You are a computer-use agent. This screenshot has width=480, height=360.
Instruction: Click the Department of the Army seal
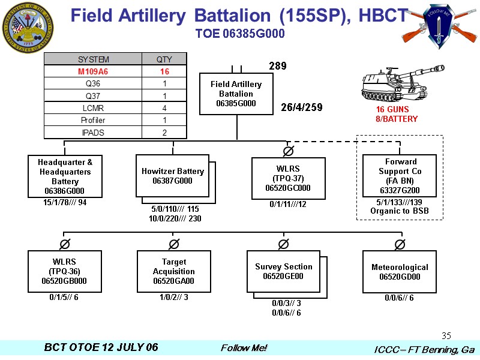tap(28, 28)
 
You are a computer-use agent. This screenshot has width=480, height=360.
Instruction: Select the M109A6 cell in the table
tap(93, 71)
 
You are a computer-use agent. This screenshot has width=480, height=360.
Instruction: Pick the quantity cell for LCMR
tap(164, 108)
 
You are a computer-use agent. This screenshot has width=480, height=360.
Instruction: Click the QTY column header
tap(164, 59)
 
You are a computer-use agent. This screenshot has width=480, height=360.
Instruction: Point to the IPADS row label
tap(93, 133)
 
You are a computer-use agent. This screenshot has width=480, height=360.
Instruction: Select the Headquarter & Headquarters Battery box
tap(65, 176)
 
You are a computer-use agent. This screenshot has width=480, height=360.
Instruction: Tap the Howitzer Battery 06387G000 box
tap(172, 176)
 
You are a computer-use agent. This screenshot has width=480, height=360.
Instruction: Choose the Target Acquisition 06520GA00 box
tap(173, 271)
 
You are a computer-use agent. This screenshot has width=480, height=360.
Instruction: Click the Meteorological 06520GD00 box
tap(400, 272)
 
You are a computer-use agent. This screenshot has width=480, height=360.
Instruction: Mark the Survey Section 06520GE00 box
tap(283, 271)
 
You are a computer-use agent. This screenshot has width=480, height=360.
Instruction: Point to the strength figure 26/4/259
tap(302, 108)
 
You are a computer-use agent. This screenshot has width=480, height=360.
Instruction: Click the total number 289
tap(277, 66)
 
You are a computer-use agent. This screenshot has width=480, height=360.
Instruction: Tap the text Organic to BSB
tap(400, 211)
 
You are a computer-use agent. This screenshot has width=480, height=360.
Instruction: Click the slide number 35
tap(446, 335)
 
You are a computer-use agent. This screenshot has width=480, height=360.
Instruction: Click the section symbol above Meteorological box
tap(400, 244)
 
